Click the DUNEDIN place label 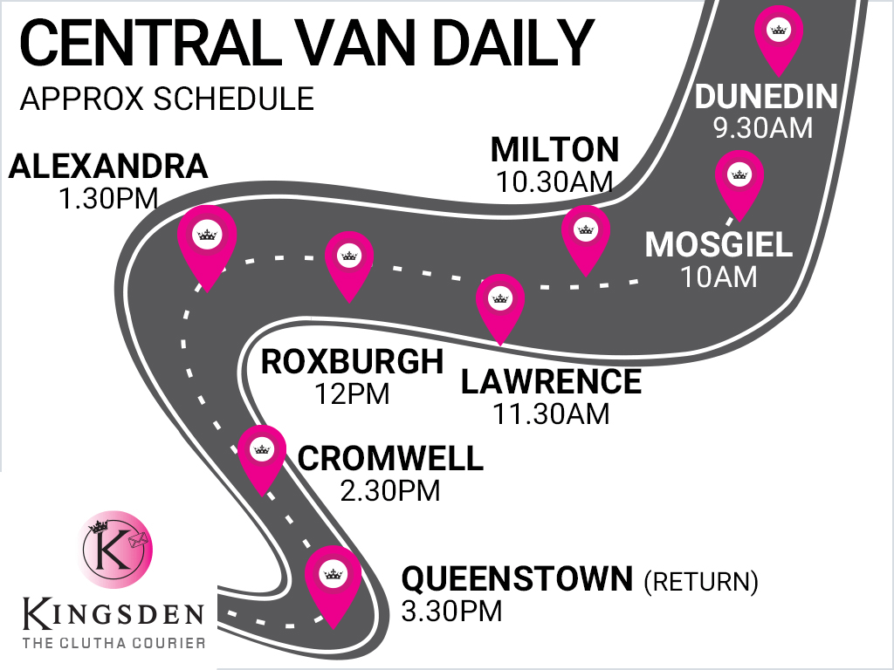(766, 96)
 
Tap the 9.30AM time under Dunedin (762, 128)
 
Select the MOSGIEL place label (719, 245)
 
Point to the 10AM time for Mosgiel (719, 277)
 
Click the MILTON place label (554, 150)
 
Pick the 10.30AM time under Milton (554, 182)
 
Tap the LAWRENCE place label (551, 382)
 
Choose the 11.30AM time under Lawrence (551, 414)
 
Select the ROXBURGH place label (352, 361)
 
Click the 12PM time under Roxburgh (352, 393)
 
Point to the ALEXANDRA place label (108, 167)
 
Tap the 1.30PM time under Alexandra (108, 198)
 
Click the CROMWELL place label (390, 459)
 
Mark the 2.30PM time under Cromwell (390, 490)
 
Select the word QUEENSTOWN (516, 578)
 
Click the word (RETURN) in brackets (701, 580)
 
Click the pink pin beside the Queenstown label (332, 580)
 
